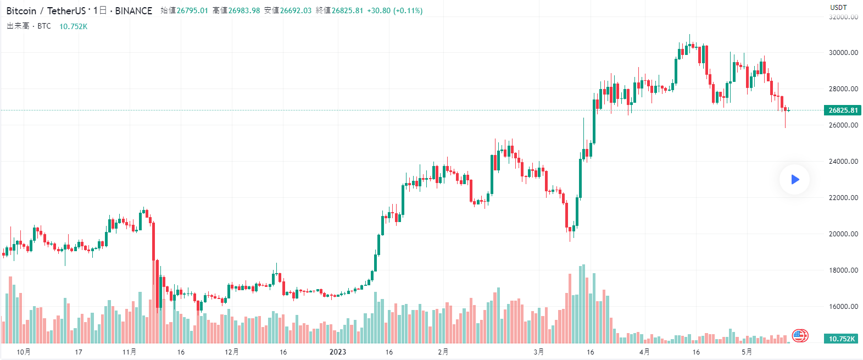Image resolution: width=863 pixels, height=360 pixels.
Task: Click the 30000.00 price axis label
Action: pos(843,53)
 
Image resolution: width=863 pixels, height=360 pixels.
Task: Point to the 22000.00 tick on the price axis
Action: pos(843,198)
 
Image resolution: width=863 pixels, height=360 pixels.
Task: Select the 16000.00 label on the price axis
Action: pos(843,307)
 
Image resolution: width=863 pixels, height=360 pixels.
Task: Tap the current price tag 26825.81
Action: pos(843,110)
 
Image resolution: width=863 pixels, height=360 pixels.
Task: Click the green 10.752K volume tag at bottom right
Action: pos(842,339)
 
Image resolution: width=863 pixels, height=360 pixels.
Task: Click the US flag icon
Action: pos(799,335)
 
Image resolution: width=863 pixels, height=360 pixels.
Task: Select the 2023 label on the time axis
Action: pos(338,352)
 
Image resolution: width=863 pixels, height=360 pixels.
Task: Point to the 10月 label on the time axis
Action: pos(24,352)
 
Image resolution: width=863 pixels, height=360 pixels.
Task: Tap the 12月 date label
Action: pos(232,352)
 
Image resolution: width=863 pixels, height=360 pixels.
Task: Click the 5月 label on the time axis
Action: pos(747,352)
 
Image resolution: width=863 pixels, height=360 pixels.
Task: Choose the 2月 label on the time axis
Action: pos(443,352)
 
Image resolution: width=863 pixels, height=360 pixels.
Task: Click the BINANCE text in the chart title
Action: pos(133,11)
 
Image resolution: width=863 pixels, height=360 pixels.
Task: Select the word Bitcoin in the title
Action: pos(21,11)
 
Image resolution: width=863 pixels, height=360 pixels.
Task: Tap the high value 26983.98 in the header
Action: pos(244,11)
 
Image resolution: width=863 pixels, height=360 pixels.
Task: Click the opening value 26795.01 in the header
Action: pos(192,11)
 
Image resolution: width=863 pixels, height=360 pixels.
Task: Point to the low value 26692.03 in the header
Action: pos(296,11)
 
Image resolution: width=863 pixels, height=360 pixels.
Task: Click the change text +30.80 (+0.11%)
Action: pos(394,11)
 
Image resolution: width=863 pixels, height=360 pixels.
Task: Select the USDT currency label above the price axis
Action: pos(838,7)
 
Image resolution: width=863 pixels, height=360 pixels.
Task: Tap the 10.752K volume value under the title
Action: pos(73,26)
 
